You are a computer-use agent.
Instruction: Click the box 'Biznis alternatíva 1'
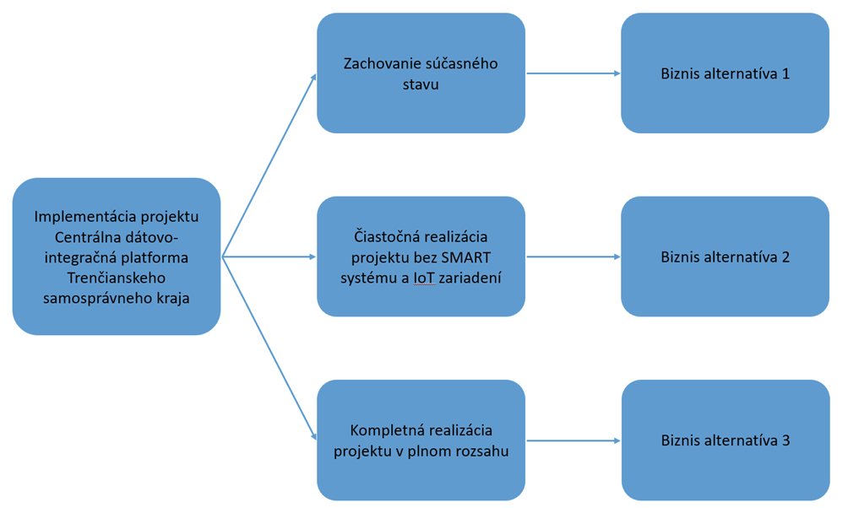(x=725, y=73)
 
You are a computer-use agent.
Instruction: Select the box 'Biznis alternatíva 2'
(x=725, y=257)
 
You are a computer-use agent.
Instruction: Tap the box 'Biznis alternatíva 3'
(x=725, y=440)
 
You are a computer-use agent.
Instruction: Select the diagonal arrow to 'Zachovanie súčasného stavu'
(x=269, y=165)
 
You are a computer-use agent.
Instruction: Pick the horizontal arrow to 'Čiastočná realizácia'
(x=269, y=257)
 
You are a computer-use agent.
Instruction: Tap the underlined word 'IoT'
(x=425, y=278)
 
